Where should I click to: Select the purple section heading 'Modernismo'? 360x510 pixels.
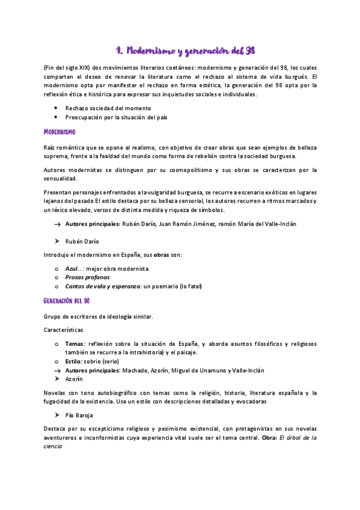[x=59, y=131]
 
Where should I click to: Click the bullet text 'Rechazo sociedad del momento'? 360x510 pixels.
[x=108, y=108]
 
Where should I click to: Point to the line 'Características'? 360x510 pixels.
[x=64, y=330]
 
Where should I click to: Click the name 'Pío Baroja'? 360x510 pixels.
[x=80, y=415]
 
